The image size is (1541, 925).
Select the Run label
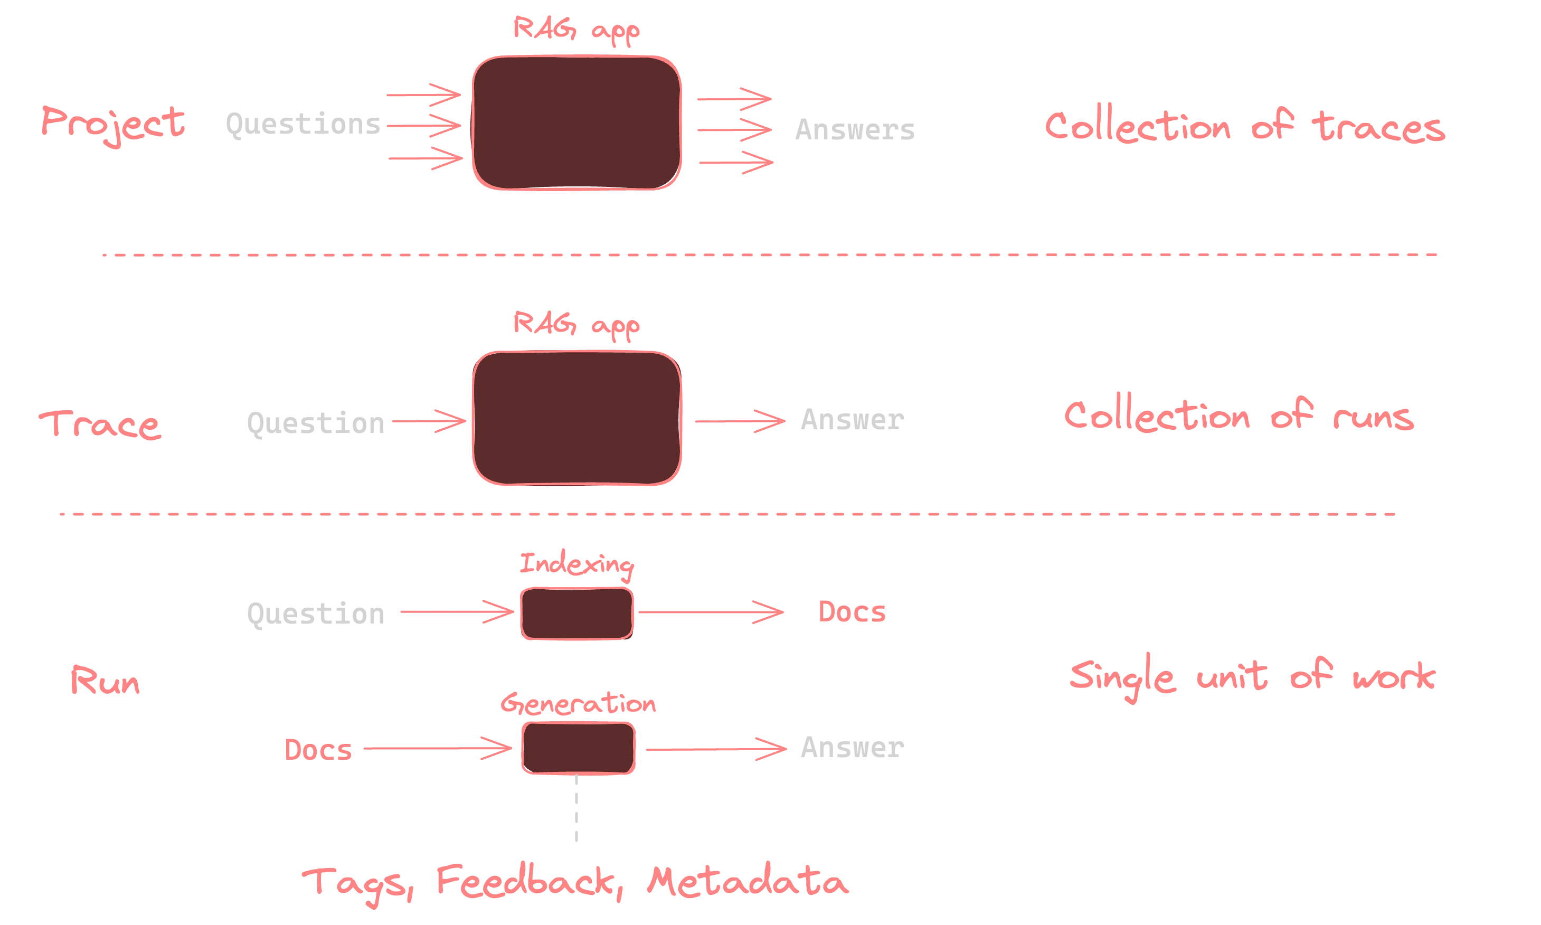[x=105, y=681]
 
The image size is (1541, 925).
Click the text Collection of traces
[x=1244, y=127]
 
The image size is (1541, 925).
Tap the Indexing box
[x=576, y=614]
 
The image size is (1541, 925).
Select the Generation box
[x=578, y=748]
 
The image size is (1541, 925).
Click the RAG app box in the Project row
[x=576, y=123]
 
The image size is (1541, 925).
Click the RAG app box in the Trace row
[x=576, y=418]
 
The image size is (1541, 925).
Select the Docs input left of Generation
[x=318, y=749]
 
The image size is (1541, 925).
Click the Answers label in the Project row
[x=854, y=130]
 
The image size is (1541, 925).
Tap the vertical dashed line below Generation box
[x=576, y=810]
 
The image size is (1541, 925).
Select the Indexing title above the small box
[x=576, y=564]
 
